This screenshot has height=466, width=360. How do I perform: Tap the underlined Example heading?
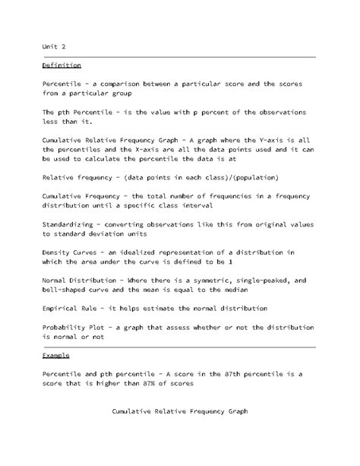pyautogui.click(x=56, y=355)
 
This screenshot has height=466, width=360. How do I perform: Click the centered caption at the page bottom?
pyautogui.click(x=179, y=411)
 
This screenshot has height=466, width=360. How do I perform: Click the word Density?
pyautogui.click(x=58, y=252)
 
